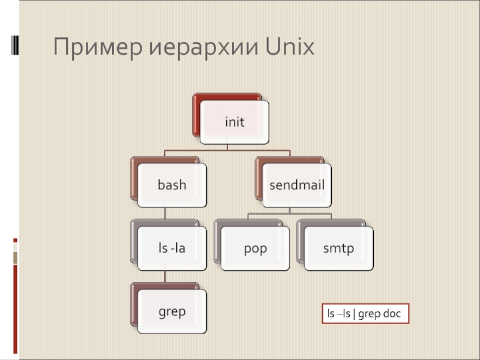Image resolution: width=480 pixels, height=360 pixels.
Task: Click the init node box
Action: (x=234, y=122)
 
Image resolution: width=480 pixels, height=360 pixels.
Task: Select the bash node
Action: (x=172, y=185)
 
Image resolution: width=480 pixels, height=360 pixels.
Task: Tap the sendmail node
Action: (x=296, y=185)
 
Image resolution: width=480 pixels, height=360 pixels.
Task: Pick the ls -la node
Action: (x=172, y=248)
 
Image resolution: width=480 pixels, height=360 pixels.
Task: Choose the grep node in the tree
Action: (x=172, y=311)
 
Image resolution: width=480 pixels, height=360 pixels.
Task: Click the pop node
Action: (x=255, y=248)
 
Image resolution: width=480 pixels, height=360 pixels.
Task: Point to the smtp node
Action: (x=338, y=248)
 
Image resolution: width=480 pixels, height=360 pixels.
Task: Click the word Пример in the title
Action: (x=96, y=47)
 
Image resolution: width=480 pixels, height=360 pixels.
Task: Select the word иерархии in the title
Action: (x=201, y=47)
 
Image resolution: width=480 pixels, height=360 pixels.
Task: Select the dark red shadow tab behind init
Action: (x=196, y=114)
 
